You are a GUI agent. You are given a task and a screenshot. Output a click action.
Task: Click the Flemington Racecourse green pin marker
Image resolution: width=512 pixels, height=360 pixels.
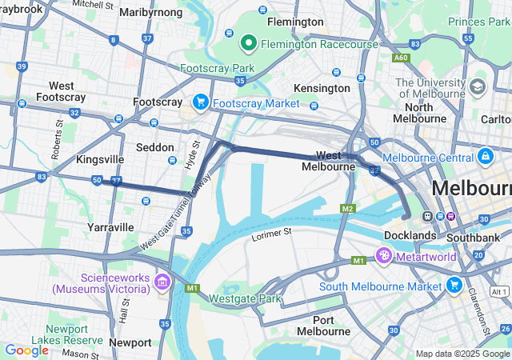[x=249, y=42]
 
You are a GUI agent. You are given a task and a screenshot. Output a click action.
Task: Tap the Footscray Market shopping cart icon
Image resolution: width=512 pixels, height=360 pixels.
[x=200, y=102]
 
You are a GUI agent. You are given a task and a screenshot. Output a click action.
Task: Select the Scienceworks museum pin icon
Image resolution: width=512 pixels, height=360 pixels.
[x=162, y=281]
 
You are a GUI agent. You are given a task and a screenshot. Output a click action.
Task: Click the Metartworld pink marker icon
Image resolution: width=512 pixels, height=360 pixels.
[x=383, y=256]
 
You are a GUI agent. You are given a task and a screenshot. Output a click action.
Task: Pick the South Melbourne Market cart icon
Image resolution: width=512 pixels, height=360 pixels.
[x=454, y=285]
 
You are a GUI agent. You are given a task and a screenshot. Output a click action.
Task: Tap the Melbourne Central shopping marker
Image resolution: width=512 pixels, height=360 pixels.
[x=485, y=156]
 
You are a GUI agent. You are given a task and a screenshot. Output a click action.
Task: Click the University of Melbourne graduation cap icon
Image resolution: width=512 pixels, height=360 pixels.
[x=478, y=86]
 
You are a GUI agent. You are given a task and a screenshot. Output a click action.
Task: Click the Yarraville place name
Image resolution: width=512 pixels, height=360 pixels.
[x=110, y=227]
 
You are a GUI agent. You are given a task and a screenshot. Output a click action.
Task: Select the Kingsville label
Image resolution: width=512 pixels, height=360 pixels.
[x=98, y=159]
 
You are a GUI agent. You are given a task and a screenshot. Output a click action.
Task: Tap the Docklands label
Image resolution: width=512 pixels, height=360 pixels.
[x=410, y=235]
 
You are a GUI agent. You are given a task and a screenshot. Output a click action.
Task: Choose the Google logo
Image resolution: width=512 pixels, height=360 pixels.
[x=26, y=350]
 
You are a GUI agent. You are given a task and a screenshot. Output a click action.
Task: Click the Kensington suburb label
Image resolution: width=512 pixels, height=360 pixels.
[x=322, y=87]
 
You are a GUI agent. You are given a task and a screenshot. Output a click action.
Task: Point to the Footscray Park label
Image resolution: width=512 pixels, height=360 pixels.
[x=212, y=68]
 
